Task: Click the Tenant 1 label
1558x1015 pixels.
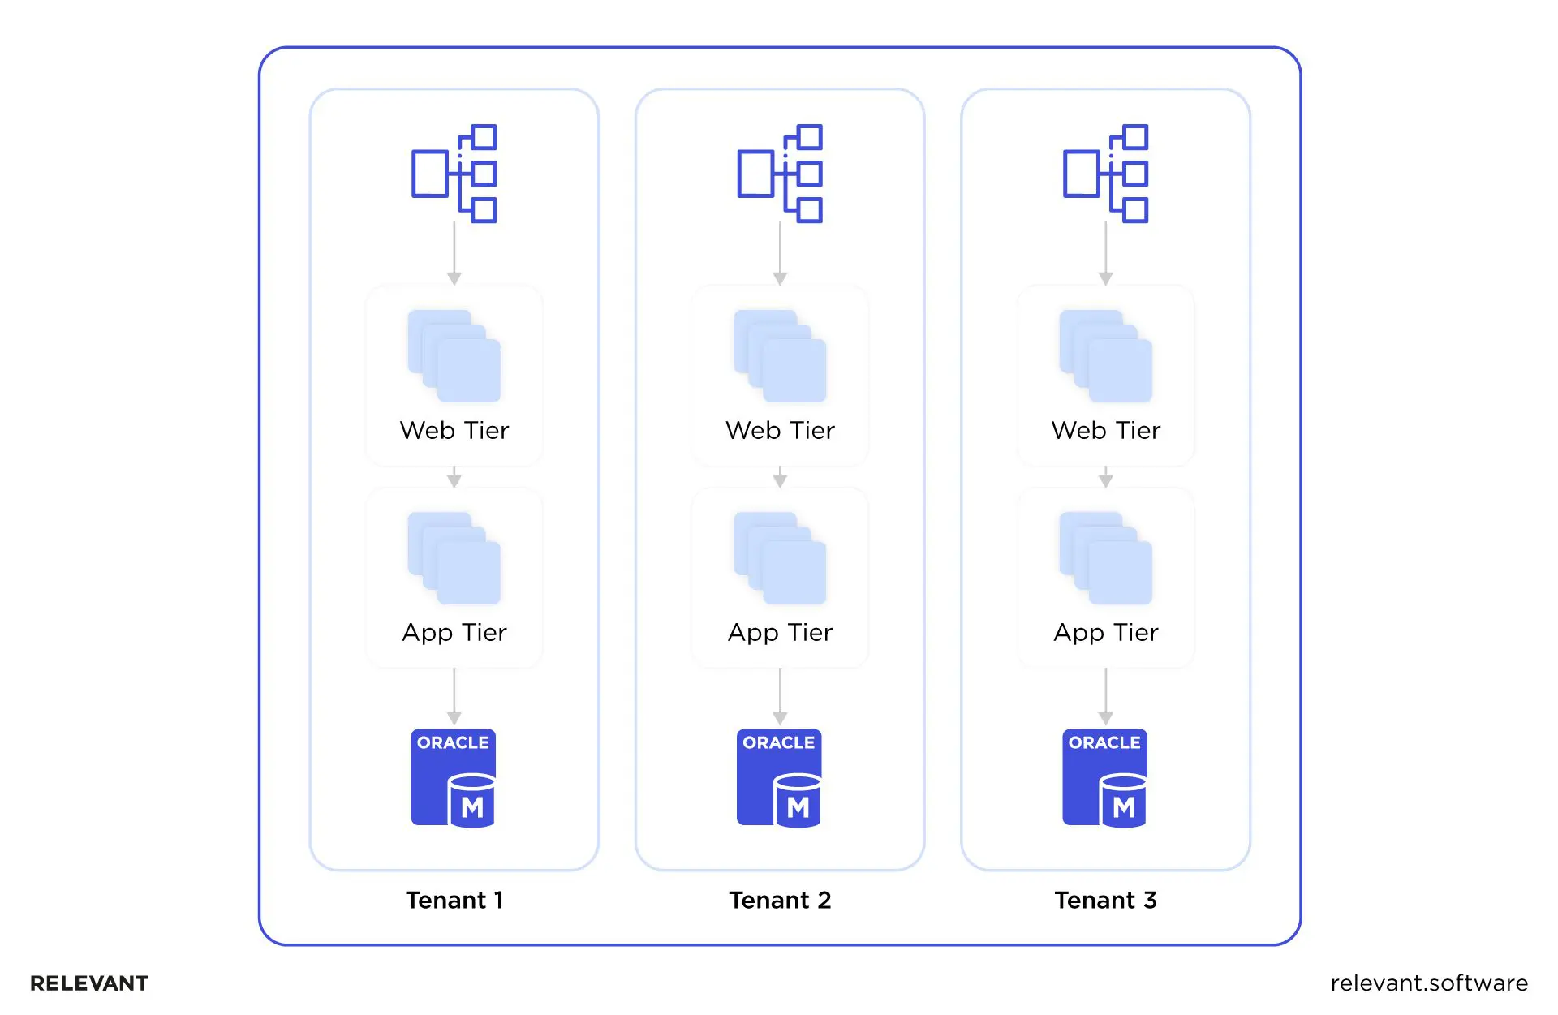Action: [454, 900]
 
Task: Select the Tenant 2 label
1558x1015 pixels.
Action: [780, 900]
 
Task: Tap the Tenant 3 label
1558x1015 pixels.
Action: [1105, 900]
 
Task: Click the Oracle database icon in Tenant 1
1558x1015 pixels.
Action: [454, 778]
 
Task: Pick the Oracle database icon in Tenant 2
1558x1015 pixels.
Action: [779, 778]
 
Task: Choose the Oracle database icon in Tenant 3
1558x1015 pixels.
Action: [1105, 778]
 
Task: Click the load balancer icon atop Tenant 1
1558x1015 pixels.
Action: [454, 173]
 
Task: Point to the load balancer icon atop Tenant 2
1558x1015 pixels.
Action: [780, 173]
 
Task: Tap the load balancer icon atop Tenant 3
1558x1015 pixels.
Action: [1105, 173]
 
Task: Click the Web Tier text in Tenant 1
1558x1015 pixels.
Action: [454, 430]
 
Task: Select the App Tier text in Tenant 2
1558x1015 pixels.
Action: [780, 632]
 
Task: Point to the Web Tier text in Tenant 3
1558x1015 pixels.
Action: [1105, 430]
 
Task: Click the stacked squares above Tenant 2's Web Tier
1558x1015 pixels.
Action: [780, 356]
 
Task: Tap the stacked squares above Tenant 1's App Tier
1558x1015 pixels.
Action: [454, 558]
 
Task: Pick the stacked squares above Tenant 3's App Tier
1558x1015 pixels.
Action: [1105, 558]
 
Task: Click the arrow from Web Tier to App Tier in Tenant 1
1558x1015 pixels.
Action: [454, 477]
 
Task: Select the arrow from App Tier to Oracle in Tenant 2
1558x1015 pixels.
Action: [780, 696]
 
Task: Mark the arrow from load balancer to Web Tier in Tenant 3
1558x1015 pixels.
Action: [1105, 253]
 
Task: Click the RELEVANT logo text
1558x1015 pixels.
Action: [89, 983]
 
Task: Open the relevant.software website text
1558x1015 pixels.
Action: [1429, 983]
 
